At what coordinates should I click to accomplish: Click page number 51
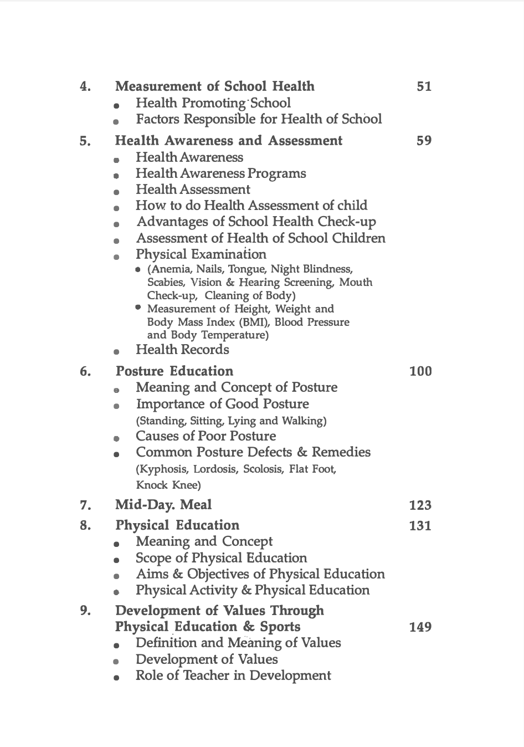click(424, 86)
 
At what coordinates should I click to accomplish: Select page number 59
click(424, 141)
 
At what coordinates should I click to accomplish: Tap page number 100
click(420, 371)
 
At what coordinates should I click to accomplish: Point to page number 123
click(420, 505)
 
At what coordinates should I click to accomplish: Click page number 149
click(420, 627)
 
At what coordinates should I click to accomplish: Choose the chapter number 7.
click(85, 505)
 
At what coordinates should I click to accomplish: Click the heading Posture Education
click(174, 371)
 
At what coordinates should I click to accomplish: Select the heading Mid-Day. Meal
click(163, 505)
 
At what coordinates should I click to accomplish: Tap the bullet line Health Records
click(182, 350)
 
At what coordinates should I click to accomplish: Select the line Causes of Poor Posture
click(206, 436)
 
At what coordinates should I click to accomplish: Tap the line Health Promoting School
click(213, 103)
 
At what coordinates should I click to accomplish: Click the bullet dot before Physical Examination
click(116, 257)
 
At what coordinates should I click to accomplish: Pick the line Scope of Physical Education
click(221, 558)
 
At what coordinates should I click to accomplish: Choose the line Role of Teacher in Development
click(233, 676)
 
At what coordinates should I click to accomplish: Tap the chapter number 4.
click(85, 86)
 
